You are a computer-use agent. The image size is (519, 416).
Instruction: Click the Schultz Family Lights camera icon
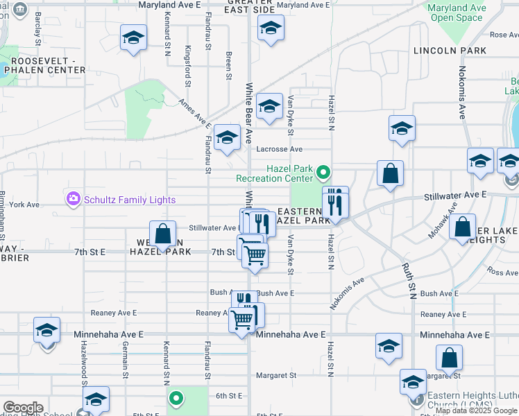click(x=74, y=200)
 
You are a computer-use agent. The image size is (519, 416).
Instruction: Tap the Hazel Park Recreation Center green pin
click(x=322, y=171)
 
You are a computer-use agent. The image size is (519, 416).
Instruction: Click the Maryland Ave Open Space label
click(x=456, y=12)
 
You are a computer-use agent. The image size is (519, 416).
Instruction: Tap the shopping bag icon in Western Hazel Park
click(x=163, y=234)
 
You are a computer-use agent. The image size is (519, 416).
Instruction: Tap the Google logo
click(x=23, y=407)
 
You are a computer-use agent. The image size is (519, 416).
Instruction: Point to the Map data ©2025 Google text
click(x=476, y=410)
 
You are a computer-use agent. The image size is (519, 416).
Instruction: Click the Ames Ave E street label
click(x=194, y=113)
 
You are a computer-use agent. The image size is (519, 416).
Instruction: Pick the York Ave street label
click(x=25, y=205)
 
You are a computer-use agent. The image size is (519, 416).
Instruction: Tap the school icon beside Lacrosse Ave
click(x=226, y=138)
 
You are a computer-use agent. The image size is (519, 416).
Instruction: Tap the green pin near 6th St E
click(x=176, y=398)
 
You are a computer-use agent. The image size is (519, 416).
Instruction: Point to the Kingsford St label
click(x=187, y=66)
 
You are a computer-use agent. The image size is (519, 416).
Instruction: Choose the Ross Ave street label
click(x=502, y=272)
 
